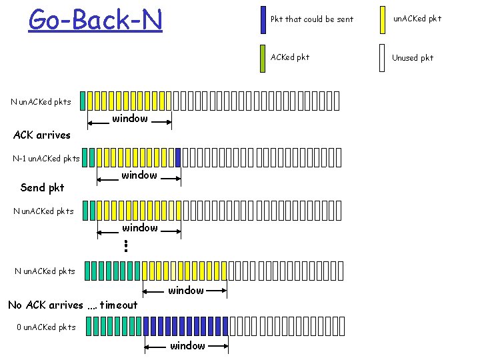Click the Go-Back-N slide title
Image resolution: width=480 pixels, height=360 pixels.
coord(95,19)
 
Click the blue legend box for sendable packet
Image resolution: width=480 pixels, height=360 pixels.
coord(263,19)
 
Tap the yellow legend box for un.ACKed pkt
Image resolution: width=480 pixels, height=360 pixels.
coord(382,19)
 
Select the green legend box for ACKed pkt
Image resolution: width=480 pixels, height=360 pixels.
coord(263,57)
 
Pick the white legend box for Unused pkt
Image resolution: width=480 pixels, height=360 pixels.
coord(382,57)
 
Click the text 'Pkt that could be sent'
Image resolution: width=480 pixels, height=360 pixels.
coord(312,19)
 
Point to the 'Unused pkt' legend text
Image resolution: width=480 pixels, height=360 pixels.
coord(413,58)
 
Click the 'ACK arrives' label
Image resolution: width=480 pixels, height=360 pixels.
coord(42,135)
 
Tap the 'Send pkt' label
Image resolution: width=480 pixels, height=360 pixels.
coord(43,187)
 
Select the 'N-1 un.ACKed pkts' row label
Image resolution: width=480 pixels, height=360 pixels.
coord(47,159)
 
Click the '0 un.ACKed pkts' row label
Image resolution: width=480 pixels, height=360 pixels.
coord(47,327)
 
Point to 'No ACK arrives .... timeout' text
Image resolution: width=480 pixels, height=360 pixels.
coord(73,305)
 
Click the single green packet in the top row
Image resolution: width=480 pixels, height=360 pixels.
coord(83,101)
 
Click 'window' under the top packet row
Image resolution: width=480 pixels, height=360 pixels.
coord(130,119)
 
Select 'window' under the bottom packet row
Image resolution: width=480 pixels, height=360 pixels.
coord(187,345)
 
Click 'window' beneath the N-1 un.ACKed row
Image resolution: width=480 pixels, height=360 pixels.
coord(139,175)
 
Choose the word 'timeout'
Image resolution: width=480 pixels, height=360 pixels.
coord(119,305)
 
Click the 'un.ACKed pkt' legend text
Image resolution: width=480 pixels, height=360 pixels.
coord(417,19)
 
